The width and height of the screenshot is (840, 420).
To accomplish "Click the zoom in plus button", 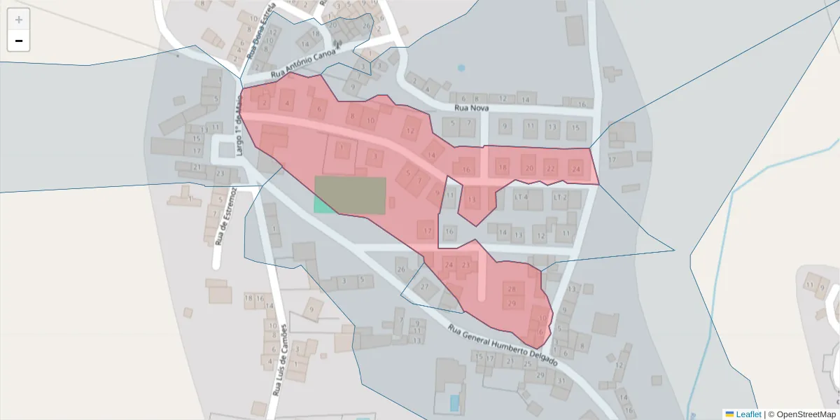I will tap(19, 20).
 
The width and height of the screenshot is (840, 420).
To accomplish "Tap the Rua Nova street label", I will tap(470, 108).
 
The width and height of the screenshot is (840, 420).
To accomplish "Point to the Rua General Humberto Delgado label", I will tap(503, 346).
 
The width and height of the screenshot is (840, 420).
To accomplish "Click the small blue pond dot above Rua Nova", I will tap(461, 68).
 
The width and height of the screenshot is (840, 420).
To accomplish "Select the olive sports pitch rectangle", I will tap(350, 195).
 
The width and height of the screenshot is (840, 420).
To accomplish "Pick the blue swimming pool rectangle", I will tap(454, 402).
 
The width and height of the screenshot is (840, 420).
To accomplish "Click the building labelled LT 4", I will tap(521, 197).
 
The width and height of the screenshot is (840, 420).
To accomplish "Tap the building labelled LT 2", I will tap(560, 197).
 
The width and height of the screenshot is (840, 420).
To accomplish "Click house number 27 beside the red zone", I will tap(424, 286).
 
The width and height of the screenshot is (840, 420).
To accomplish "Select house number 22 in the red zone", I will tap(551, 168).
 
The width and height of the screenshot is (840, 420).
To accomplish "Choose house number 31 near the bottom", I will tap(561, 381).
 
